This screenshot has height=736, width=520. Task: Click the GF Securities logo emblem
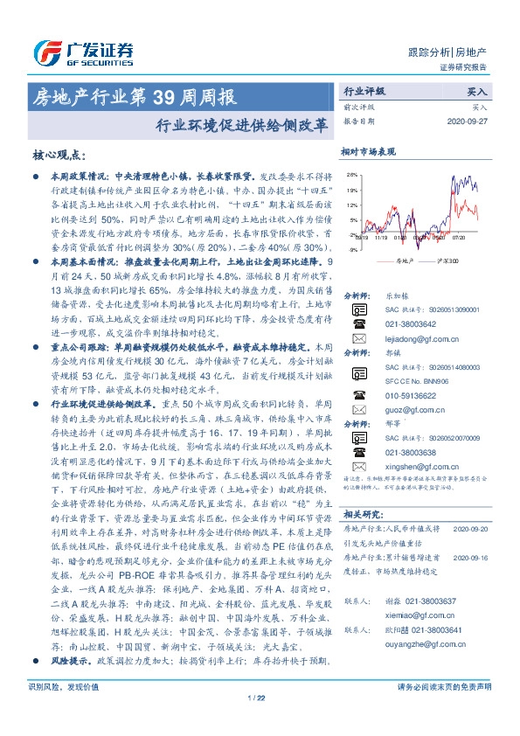click(45, 52)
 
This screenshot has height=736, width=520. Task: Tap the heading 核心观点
click(59, 155)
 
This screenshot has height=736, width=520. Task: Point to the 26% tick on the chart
click(351, 174)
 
